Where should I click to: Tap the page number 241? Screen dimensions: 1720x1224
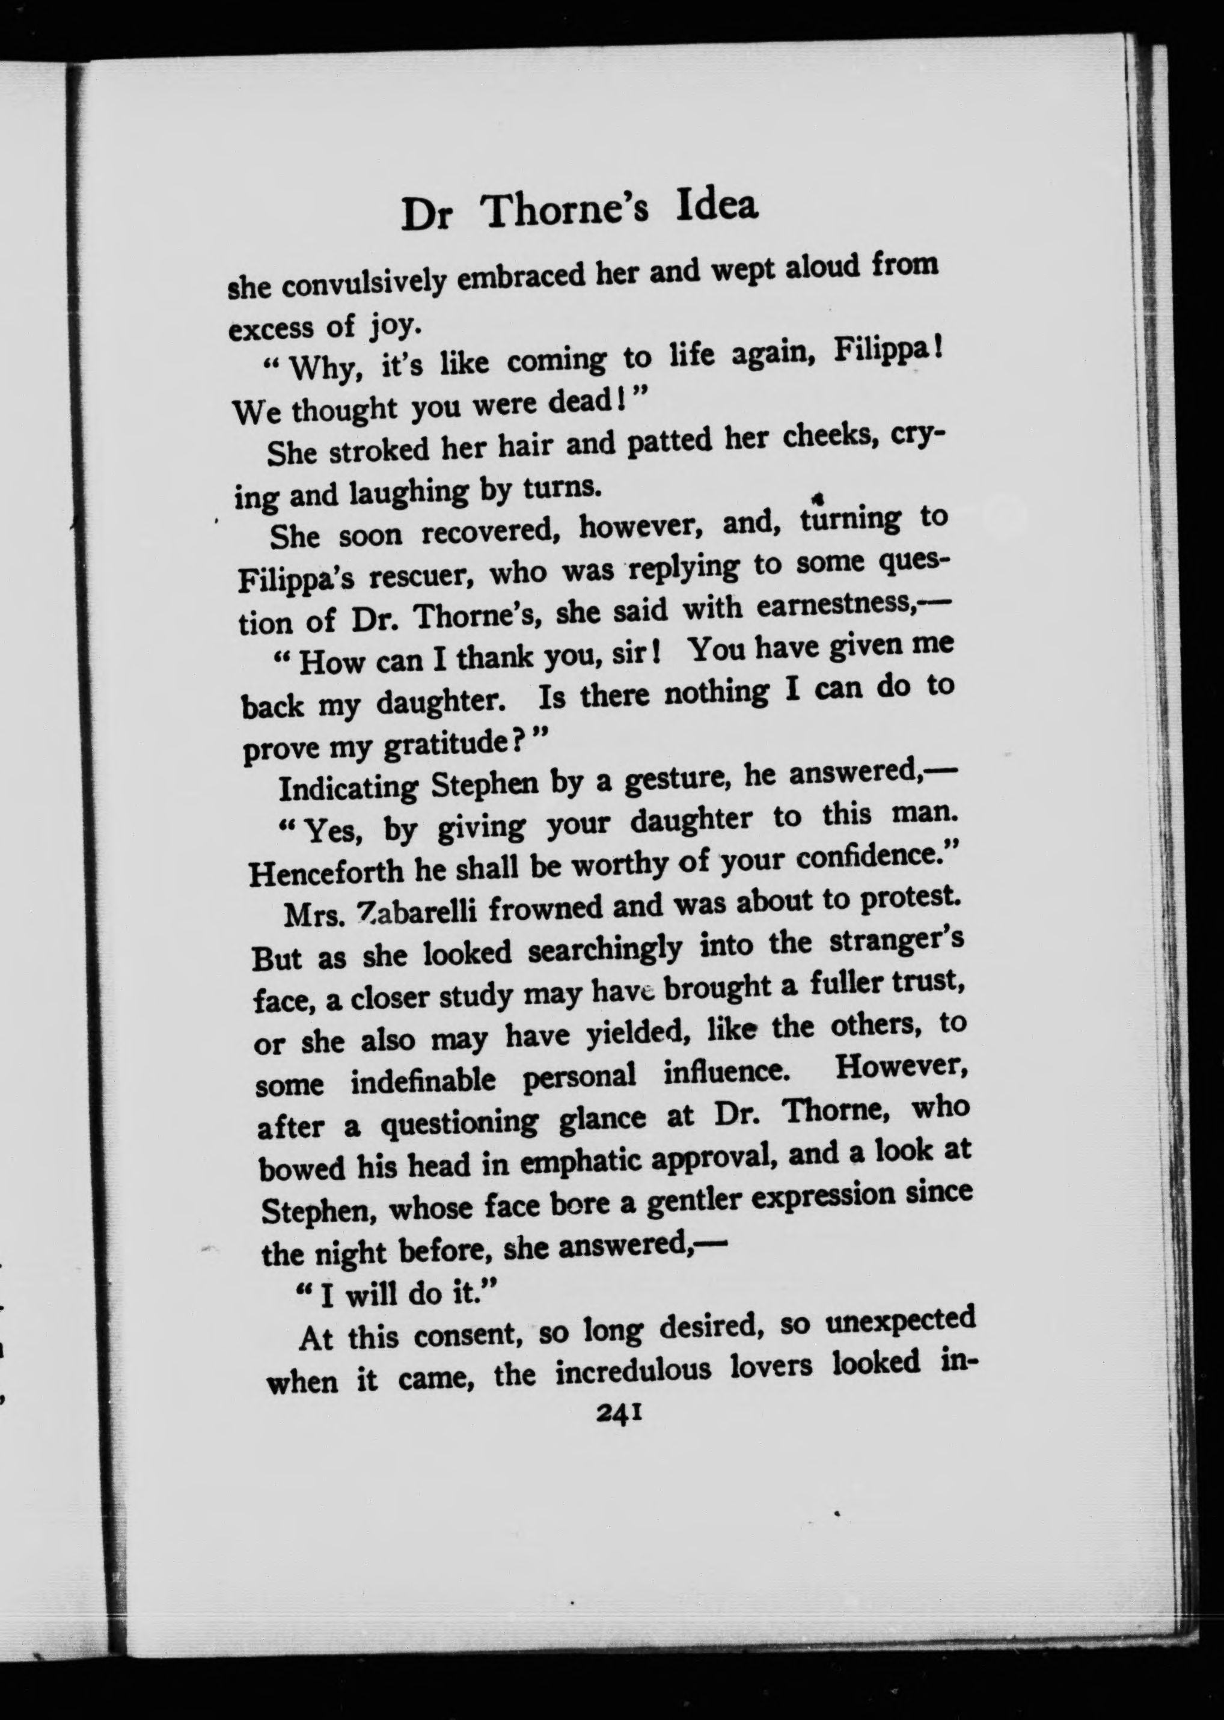619,1415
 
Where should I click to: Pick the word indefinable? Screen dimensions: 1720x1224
424,1082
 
